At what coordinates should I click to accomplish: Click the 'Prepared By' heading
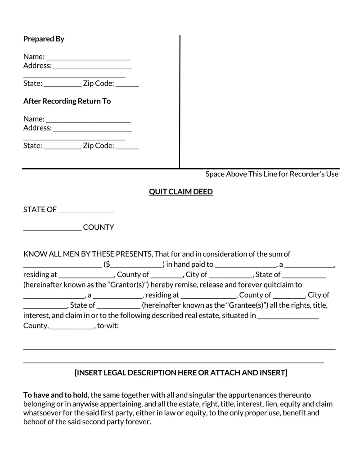44,39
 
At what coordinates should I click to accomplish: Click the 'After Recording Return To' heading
67,101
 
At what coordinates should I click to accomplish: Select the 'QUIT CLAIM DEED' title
180,192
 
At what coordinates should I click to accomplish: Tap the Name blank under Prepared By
88,58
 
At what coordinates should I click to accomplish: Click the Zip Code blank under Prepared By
130,84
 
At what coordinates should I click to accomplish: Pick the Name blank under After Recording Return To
88,120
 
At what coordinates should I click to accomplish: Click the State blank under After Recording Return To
63,147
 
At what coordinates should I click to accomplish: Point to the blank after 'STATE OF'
86,211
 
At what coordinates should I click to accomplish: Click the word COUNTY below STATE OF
99,228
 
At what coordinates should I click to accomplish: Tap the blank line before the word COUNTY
52,228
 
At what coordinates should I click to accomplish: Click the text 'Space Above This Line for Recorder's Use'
272,174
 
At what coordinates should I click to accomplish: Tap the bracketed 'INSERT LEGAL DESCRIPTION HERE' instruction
180,373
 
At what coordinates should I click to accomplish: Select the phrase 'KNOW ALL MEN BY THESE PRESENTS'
88,254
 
